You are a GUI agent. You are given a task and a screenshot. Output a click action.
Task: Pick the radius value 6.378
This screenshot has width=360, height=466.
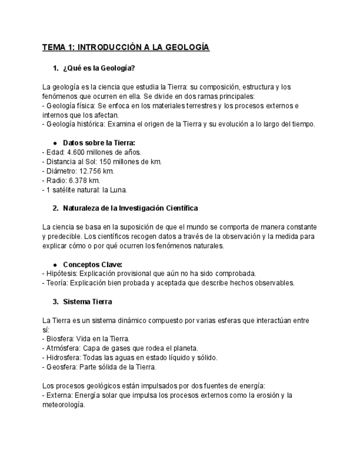click(x=76, y=180)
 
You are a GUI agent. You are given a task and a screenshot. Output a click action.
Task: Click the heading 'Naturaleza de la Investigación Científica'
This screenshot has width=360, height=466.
click(x=130, y=208)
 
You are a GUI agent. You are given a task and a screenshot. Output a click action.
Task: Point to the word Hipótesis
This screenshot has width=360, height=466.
click(x=60, y=274)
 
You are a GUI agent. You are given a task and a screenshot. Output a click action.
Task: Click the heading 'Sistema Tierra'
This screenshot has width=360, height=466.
click(x=87, y=302)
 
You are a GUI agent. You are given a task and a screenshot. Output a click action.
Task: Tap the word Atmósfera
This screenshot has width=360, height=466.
click(x=62, y=348)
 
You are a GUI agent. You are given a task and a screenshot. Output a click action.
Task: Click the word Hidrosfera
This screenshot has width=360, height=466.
click(x=62, y=358)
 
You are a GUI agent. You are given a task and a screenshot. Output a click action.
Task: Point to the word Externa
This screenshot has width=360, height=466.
click(x=59, y=395)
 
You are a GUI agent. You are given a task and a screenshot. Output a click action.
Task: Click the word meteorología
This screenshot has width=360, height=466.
click(x=63, y=404)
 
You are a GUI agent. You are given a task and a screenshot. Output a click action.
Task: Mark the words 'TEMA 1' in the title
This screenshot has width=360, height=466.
click(x=58, y=48)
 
